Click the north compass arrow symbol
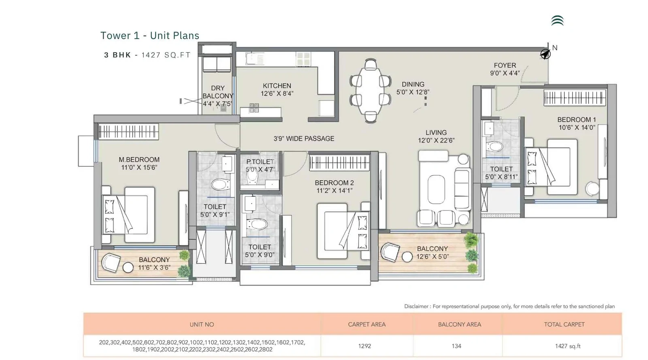545,54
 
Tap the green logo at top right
557,21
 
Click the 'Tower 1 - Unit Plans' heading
149,36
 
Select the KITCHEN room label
277,86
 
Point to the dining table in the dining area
370,91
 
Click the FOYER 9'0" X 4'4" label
505,69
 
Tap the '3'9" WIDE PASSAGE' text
304,138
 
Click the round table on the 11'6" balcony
128,267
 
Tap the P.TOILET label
260,162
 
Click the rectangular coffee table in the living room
436,190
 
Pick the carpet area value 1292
364,346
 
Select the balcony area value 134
456,346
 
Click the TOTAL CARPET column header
564,324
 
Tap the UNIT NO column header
202,324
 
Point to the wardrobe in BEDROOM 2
339,163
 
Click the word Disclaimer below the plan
416,307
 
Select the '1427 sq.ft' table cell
567,346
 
